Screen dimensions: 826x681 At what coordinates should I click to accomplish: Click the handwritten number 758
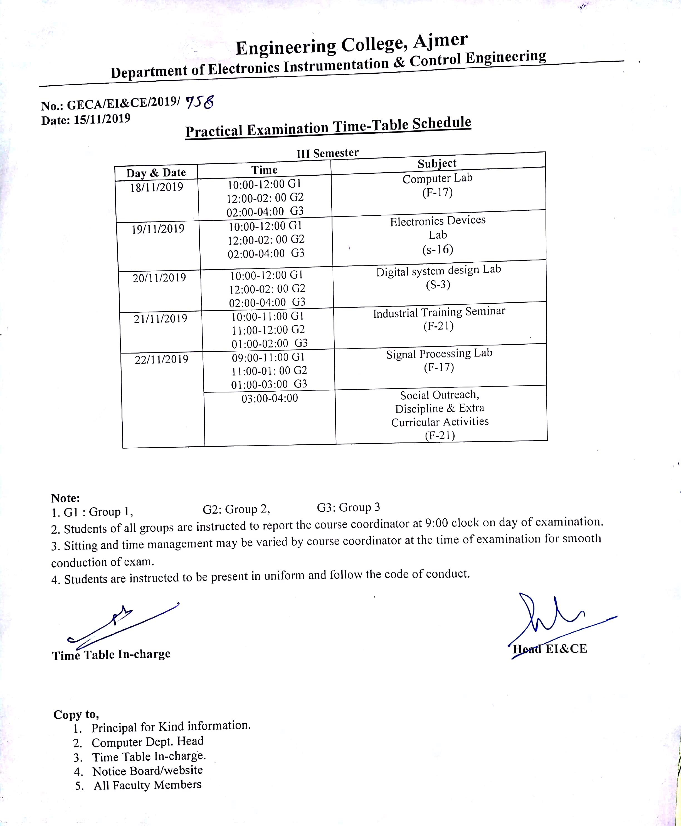[x=200, y=102]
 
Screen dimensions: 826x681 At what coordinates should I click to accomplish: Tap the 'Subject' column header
[x=437, y=163]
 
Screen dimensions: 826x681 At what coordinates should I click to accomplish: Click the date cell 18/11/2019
[x=157, y=187]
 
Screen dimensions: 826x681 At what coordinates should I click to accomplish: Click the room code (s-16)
[x=438, y=250]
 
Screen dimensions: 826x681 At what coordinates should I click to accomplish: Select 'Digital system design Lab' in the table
[x=439, y=271]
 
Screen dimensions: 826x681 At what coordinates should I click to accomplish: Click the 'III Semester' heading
[x=327, y=153]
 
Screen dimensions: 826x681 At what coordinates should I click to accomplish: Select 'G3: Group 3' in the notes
[x=348, y=507]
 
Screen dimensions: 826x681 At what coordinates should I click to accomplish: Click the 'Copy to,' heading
[x=76, y=714]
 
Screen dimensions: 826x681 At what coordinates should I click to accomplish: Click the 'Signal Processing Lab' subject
[x=439, y=354]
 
